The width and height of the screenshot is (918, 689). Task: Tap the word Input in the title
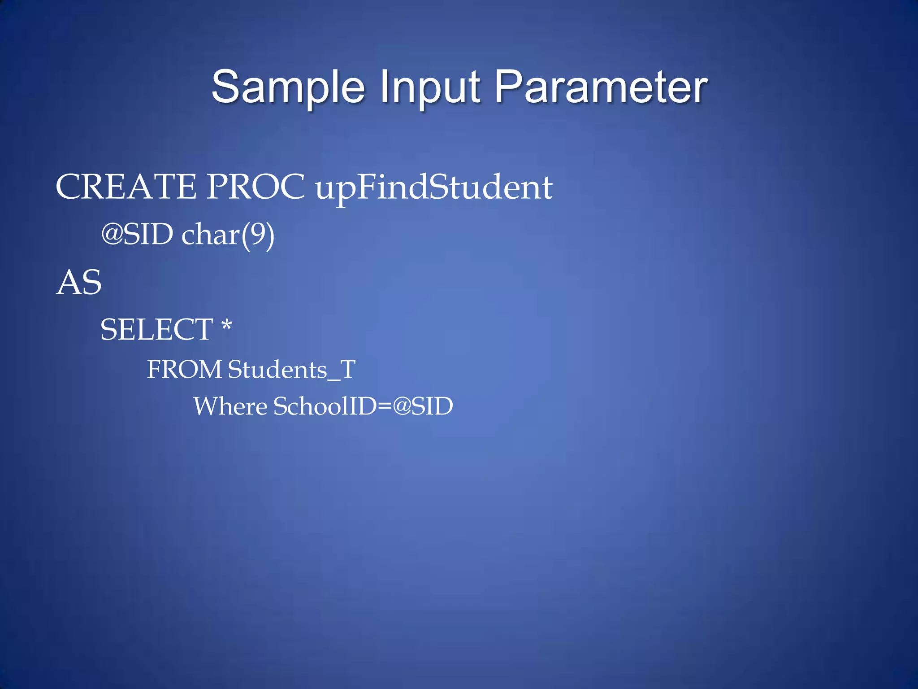pos(430,87)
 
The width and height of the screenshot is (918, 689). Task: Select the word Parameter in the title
pos(601,87)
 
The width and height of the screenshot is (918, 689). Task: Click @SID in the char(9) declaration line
pos(137,234)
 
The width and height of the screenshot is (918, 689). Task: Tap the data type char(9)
pos(228,235)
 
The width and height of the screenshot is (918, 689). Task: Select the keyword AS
pos(79,283)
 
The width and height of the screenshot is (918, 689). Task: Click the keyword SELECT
pos(156,330)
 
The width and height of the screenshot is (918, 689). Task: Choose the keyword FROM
pos(184,370)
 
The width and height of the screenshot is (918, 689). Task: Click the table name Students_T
pos(291,370)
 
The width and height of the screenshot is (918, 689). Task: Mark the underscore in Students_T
pos(334,379)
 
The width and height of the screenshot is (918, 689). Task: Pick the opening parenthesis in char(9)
pos(245,235)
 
